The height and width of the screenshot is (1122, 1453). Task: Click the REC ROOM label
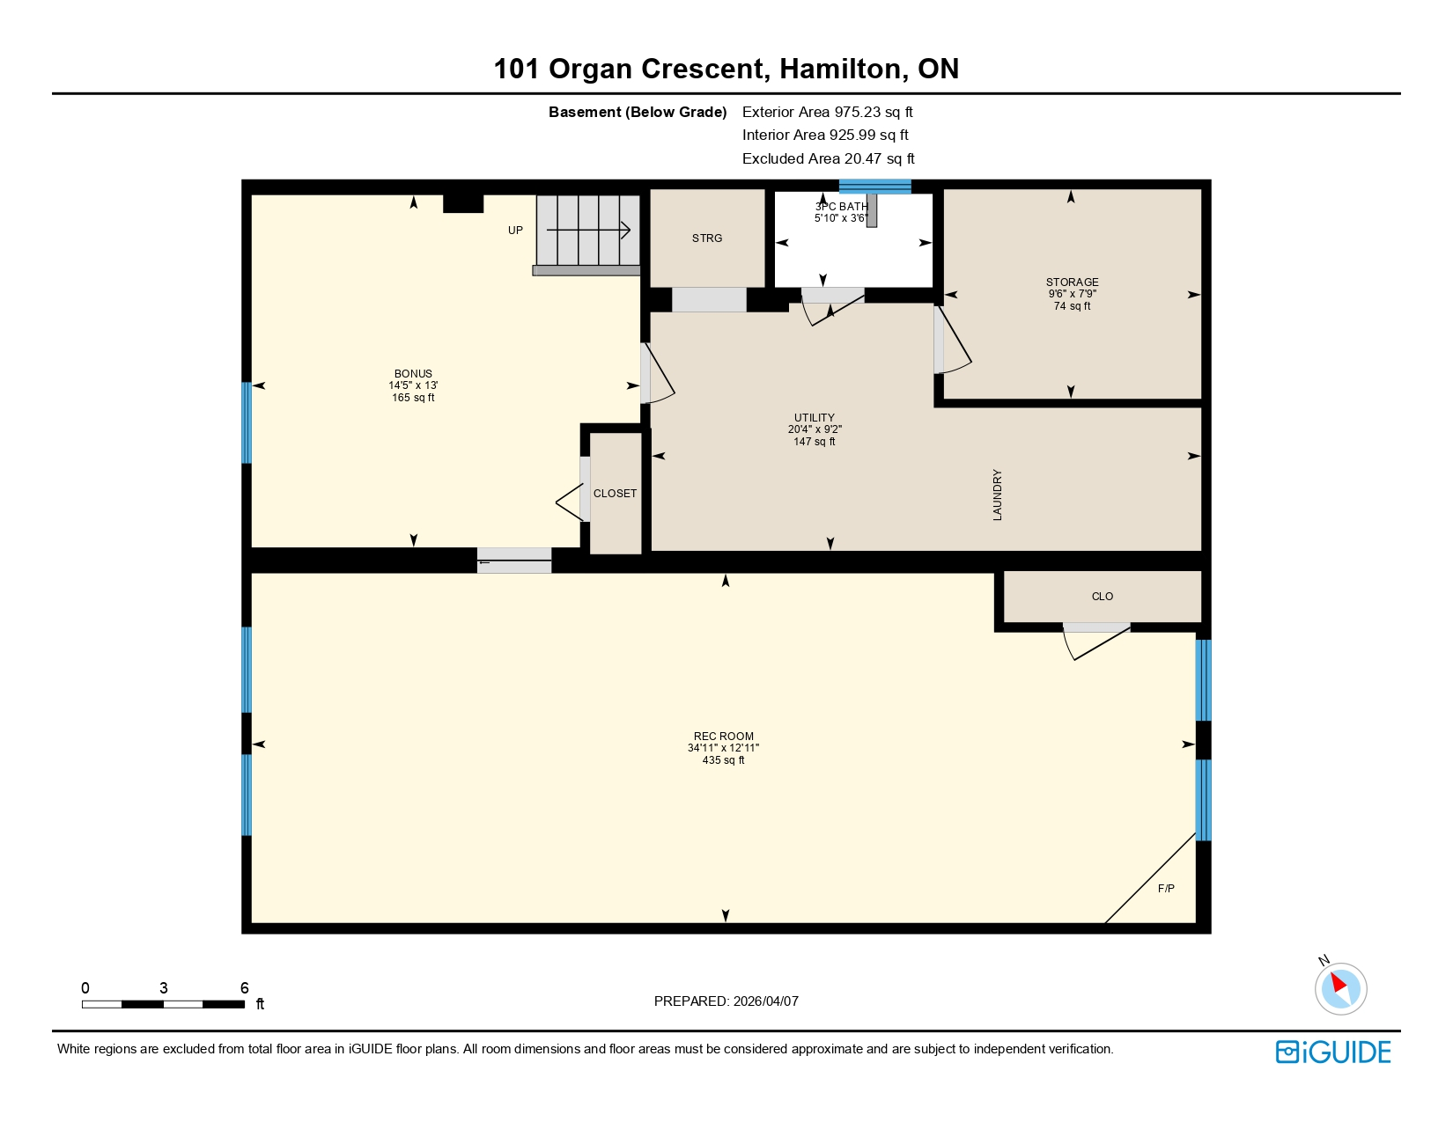pyautogui.click(x=723, y=737)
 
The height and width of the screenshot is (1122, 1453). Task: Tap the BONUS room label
pyautogui.click(x=413, y=374)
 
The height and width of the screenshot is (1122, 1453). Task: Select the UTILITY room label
pyautogui.click(x=814, y=418)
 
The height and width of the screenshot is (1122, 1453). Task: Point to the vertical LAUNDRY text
pyautogui.click(x=997, y=495)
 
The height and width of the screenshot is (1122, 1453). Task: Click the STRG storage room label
pyautogui.click(x=706, y=238)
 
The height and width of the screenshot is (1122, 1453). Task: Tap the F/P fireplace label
pyautogui.click(x=1165, y=889)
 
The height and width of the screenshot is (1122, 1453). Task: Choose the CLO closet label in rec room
pyautogui.click(x=1102, y=597)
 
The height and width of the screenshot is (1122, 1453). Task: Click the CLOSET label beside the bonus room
pyautogui.click(x=615, y=494)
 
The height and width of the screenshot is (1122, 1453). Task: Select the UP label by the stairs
pyautogui.click(x=515, y=231)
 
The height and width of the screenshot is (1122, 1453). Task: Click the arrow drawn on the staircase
pyautogui.click(x=588, y=231)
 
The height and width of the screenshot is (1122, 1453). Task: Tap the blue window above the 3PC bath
pyautogui.click(x=874, y=186)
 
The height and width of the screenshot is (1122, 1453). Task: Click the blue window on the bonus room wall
pyautogui.click(x=247, y=422)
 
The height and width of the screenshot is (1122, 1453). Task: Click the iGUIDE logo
pyautogui.click(x=1333, y=1052)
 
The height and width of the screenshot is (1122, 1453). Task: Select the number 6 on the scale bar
pyautogui.click(x=245, y=988)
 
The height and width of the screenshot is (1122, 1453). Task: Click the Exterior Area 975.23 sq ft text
pyautogui.click(x=827, y=112)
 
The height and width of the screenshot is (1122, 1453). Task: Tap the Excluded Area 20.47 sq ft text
pyautogui.click(x=828, y=158)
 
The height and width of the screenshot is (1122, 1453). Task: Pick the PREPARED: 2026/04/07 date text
pyautogui.click(x=726, y=1001)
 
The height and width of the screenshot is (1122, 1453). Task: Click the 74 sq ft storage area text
pyautogui.click(x=1072, y=306)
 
